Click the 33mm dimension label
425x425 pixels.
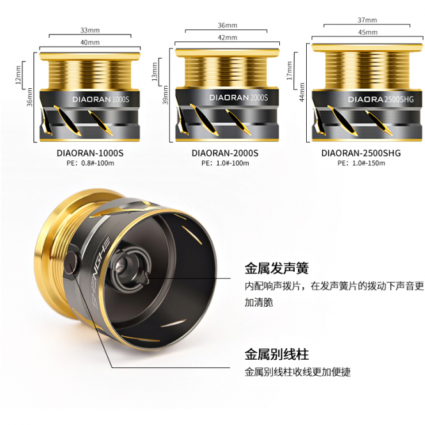[90, 30]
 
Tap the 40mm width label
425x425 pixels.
[90, 42]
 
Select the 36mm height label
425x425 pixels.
[29, 97]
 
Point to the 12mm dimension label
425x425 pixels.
[18, 75]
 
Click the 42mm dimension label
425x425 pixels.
[228, 38]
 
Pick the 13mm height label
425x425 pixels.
[155, 72]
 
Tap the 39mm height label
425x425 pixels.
[166, 95]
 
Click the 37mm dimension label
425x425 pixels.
[367, 20]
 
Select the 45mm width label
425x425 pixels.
[367, 32]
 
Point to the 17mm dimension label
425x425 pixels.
[290, 70]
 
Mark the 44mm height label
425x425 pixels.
[302, 92]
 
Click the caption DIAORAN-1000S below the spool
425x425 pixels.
[90, 153]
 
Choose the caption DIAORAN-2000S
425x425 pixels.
[225, 153]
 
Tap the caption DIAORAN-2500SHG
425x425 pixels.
[361, 153]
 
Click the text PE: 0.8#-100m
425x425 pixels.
[90, 163]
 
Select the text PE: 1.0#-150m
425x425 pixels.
[361, 163]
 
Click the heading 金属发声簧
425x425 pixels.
[277, 268]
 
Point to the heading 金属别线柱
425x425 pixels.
[277, 354]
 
